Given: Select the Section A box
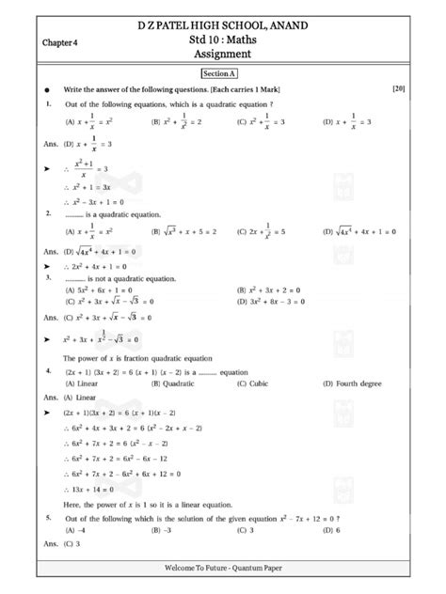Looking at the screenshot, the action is point(223,72).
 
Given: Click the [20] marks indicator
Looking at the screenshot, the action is point(398,87).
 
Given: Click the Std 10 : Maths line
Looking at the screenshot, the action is point(224,40).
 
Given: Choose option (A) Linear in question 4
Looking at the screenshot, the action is point(83,383).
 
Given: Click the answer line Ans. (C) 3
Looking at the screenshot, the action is point(66,544).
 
